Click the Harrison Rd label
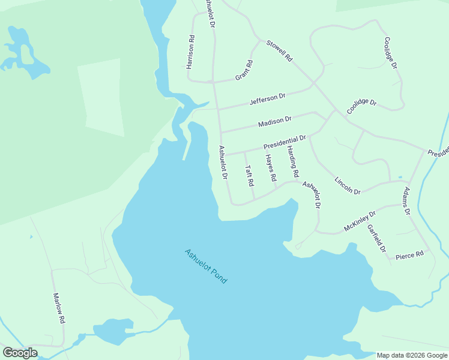[191, 52]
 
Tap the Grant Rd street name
[244, 70]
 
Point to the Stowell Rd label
[280, 52]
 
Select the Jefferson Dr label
[268, 99]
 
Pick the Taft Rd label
[250, 175]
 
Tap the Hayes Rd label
[271, 168]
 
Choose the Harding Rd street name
[292, 161]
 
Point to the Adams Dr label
[406, 201]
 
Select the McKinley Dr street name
[360, 221]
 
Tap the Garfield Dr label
[376, 238]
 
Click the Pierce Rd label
[410, 254]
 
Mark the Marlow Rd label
[58, 308]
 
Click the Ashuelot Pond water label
[206, 266]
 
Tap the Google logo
[20, 353]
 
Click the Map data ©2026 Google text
[412, 355]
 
